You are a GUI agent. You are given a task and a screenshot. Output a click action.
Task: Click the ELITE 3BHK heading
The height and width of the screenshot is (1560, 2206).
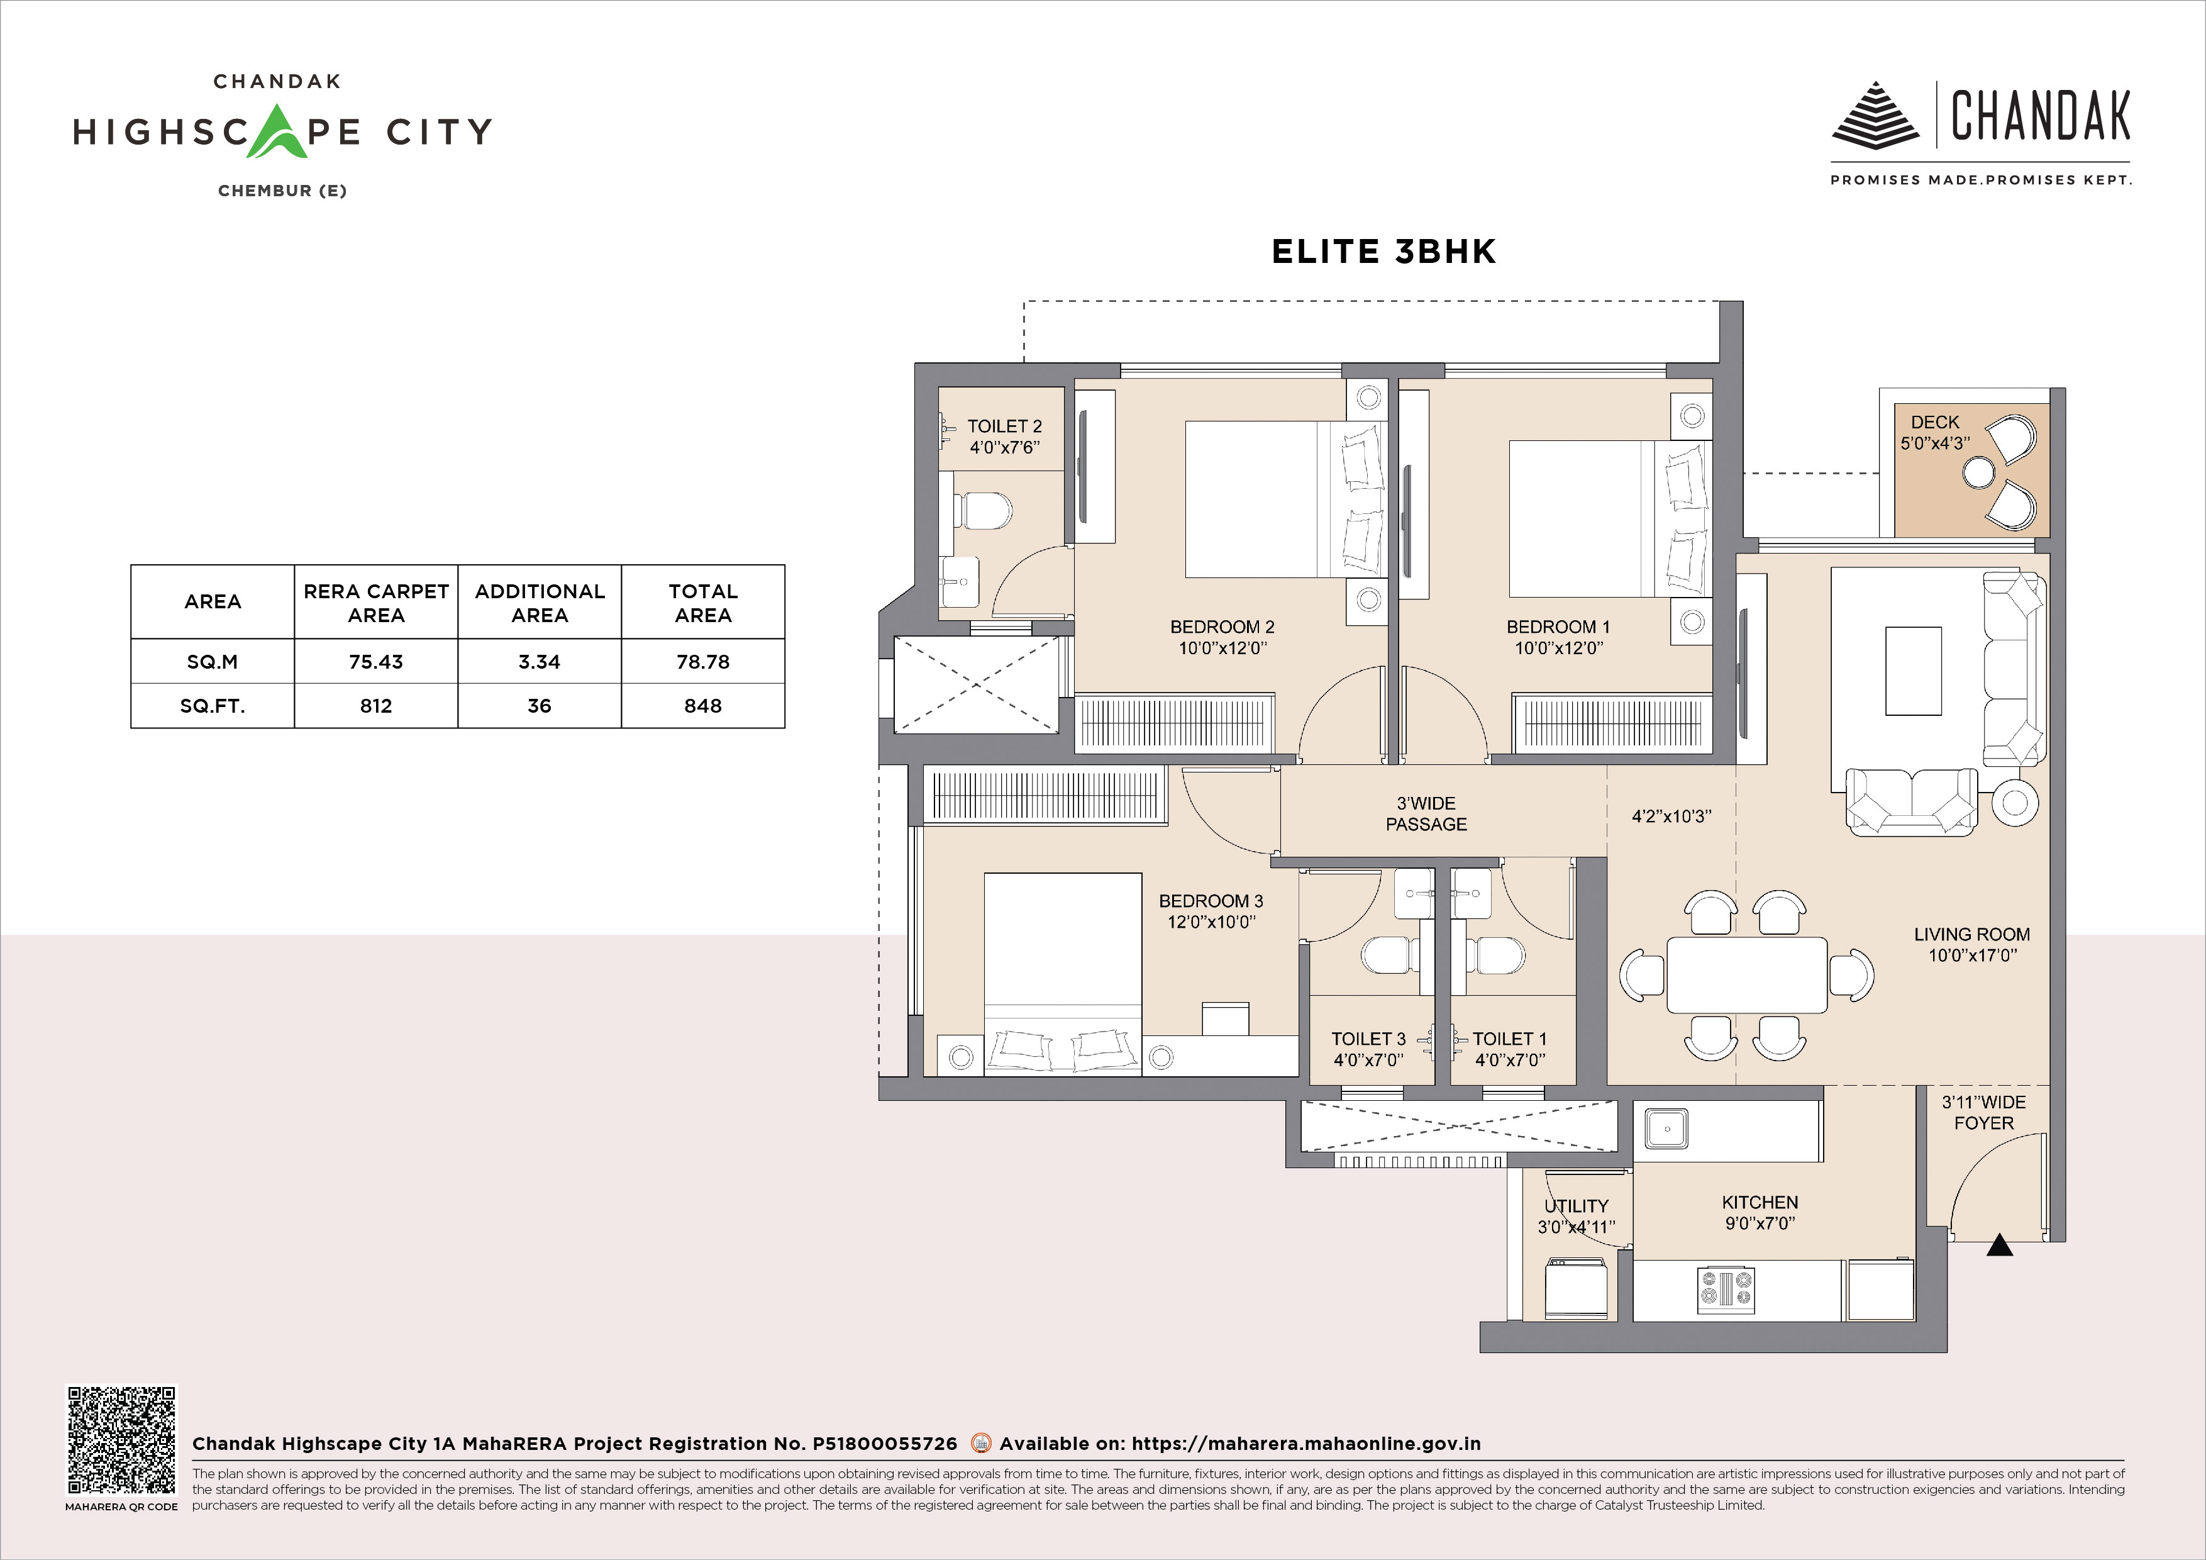click(x=1383, y=252)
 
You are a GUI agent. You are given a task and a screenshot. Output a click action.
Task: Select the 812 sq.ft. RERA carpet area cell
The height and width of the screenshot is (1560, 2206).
click(x=375, y=706)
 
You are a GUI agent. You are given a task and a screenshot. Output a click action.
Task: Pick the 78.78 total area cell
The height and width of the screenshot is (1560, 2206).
click(x=702, y=661)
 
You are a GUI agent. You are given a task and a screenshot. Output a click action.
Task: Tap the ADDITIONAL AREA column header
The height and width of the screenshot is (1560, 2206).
click(x=539, y=603)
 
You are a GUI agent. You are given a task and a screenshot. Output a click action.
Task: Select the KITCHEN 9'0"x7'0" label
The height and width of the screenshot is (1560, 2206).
click(x=1760, y=1212)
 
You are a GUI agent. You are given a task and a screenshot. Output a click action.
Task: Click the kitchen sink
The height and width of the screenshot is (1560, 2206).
click(x=1667, y=1128)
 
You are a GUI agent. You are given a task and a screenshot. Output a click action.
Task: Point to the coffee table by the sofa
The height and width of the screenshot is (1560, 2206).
click(x=1913, y=671)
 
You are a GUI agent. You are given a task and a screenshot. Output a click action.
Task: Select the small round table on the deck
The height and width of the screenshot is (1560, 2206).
click(x=1978, y=472)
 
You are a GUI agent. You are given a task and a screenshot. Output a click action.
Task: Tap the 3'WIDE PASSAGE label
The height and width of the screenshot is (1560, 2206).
click(x=1426, y=813)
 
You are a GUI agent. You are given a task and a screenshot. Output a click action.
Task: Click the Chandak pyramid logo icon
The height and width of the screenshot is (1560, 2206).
click(x=1875, y=115)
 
